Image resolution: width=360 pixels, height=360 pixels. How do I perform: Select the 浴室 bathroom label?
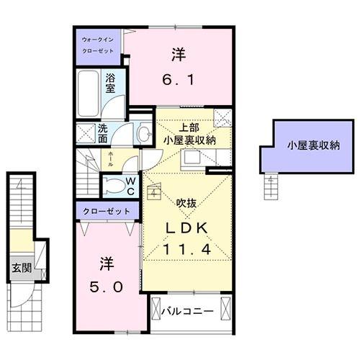pyautogui.click(x=112, y=84)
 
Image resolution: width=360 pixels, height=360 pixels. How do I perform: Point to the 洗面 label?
pyautogui.click(x=103, y=135)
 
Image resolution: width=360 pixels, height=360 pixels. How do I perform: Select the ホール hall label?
pyautogui.click(x=109, y=161)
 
